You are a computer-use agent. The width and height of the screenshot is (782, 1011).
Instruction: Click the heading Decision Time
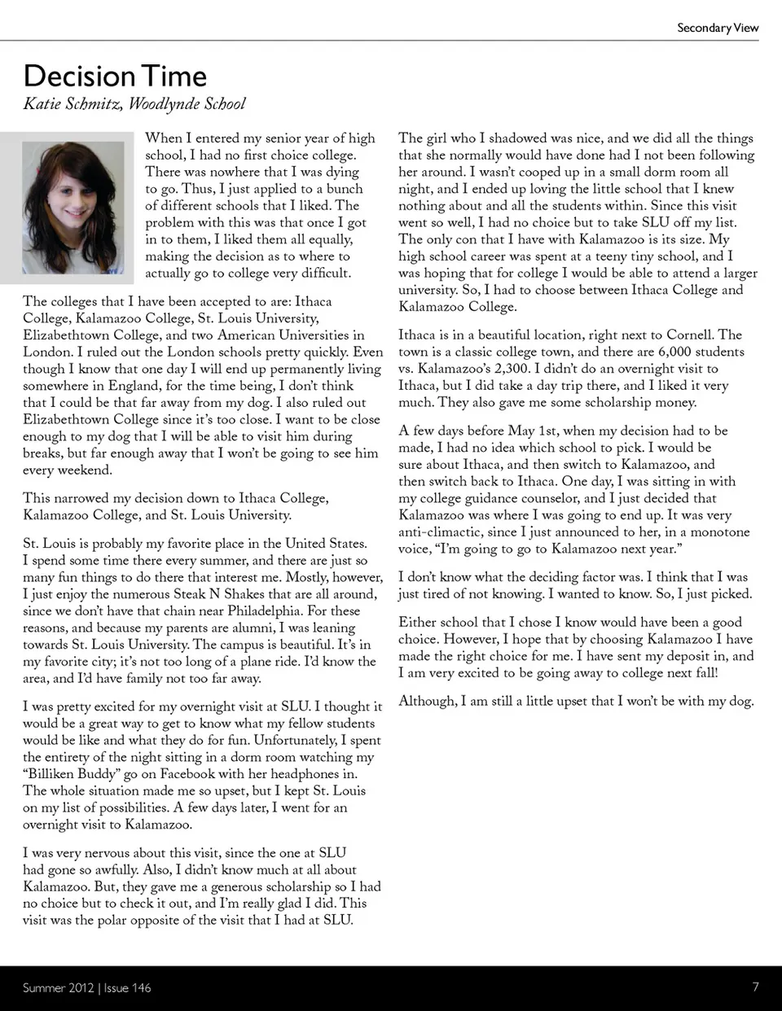(115, 76)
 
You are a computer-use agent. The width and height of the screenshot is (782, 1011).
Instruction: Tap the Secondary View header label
(717, 28)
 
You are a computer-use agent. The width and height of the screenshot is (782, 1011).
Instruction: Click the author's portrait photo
(73, 208)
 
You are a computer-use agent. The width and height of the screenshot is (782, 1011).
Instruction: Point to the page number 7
(755, 987)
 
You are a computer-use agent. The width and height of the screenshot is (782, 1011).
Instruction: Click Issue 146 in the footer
(128, 987)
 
